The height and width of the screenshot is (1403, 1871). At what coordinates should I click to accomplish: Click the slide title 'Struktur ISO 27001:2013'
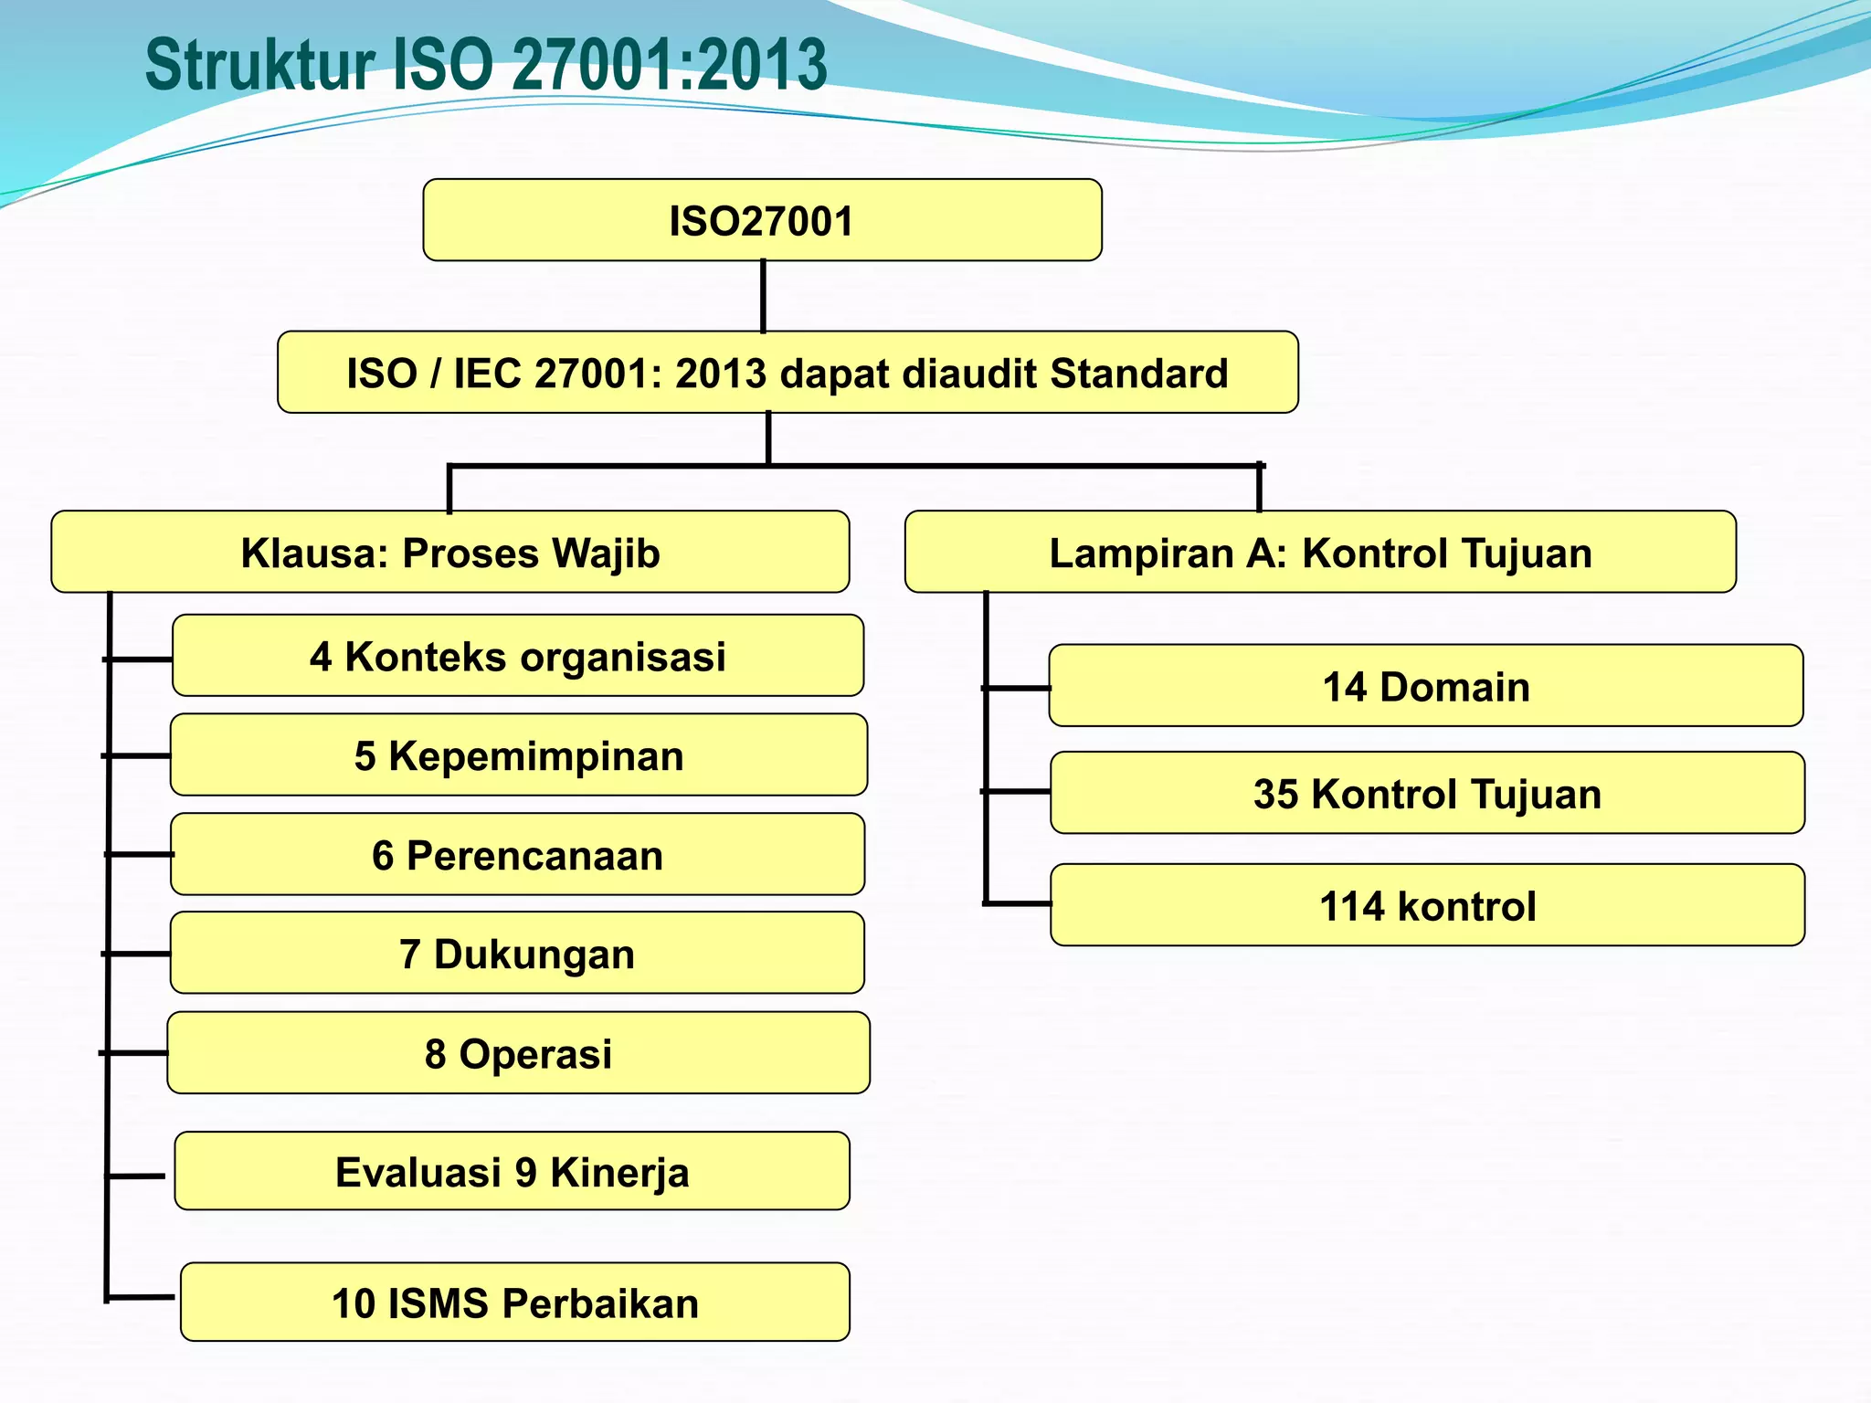(x=485, y=65)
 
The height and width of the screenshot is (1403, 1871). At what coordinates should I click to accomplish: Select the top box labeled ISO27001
(x=762, y=220)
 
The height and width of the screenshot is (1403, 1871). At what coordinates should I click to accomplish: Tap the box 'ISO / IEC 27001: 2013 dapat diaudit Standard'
(x=787, y=373)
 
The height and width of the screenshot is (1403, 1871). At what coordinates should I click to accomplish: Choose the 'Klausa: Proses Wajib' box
(x=449, y=553)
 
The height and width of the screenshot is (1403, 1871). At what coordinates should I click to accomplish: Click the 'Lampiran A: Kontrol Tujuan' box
(x=1319, y=553)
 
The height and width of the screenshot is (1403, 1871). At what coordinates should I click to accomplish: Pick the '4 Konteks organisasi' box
(x=517, y=656)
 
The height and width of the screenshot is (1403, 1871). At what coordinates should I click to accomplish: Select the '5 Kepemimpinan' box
(x=518, y=755)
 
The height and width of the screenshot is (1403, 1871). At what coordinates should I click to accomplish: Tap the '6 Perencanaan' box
(x=517, y=855)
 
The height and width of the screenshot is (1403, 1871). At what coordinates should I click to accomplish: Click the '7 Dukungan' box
(x=516, y=954)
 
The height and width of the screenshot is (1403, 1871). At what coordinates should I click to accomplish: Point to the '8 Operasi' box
(x=518, y=1053)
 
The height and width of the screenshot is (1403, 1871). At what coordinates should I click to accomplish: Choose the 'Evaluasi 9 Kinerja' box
(x=512, y=1172)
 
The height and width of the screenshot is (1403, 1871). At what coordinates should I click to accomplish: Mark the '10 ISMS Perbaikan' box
(x=514, y=1303)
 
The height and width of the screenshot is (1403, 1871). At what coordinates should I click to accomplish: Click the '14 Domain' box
(x=1425, y=686)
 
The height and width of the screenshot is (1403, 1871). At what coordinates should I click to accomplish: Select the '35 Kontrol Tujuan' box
(x=1427, y=793)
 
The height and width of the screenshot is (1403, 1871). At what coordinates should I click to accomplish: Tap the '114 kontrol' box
(x=1427, y=905)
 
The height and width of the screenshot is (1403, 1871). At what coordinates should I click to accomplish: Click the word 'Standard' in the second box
(x=1138, y=373)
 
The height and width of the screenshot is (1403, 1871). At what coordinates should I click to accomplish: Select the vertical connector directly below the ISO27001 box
(x=763, y=296)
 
